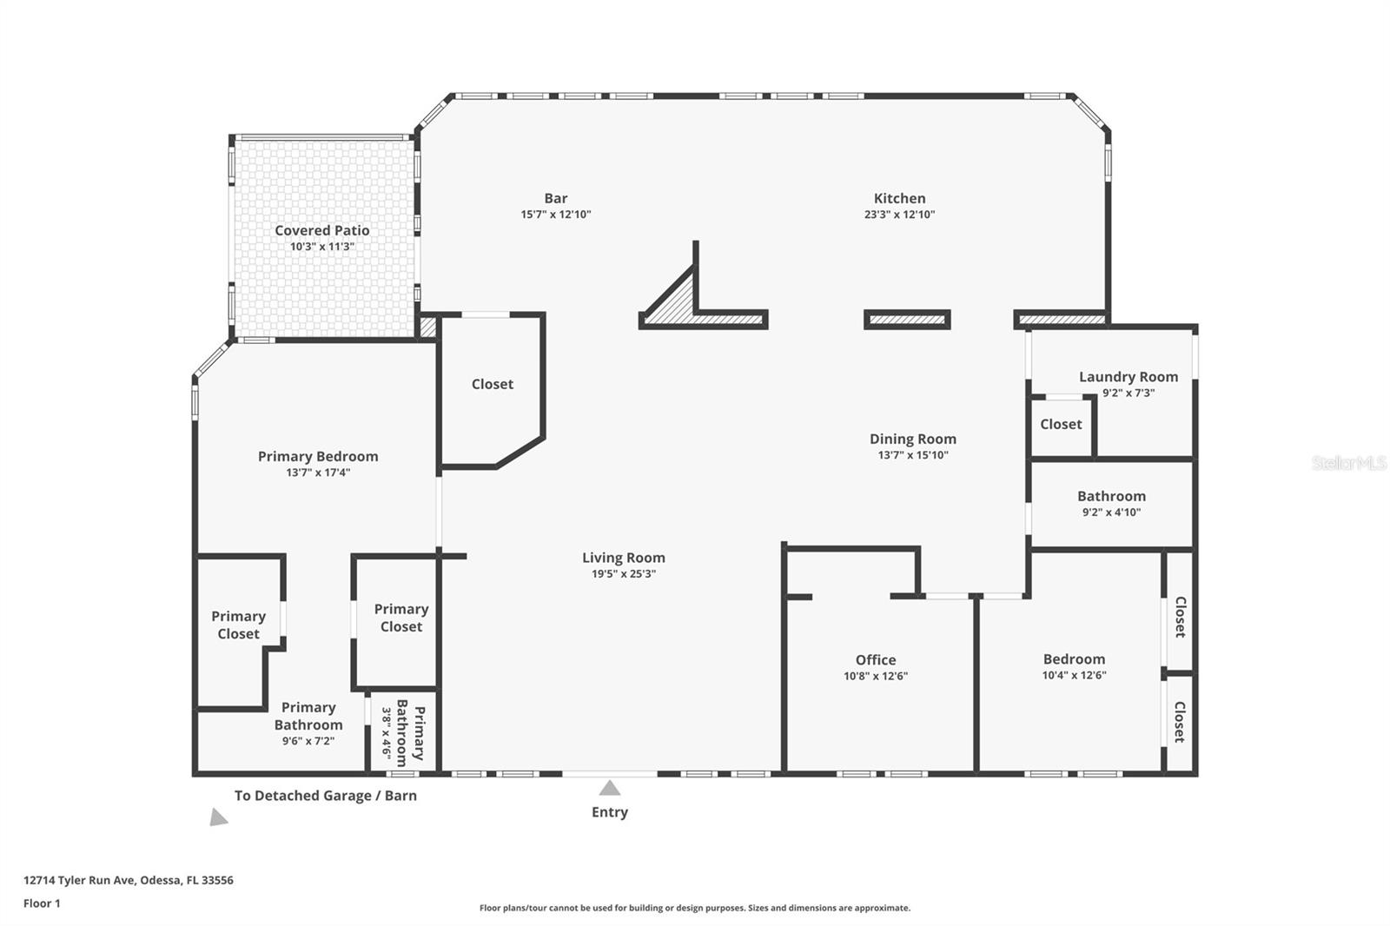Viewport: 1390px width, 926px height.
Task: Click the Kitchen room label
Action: pyautogui.click(x=899, y=199)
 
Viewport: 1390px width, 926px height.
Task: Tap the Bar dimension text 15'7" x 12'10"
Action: pyautogui.click(x=555, y=215)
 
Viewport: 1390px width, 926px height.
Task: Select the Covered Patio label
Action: pyautogui.click(x=321, y=231)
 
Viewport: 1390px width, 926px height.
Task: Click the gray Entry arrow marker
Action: pyautogui.click(x=610, y=788)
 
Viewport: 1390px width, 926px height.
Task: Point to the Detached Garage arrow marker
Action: pyautogui.click(x=217, y=817)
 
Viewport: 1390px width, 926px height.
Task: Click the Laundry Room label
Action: pyautogui.click(x=1128, y=377)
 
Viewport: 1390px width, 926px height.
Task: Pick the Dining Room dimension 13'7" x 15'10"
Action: pyautogui.click(x=912, y=455)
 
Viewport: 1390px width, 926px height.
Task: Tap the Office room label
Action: pyautogui.click(x=875, y=660)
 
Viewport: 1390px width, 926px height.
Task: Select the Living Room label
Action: pyautogui.click(x=623, y=559)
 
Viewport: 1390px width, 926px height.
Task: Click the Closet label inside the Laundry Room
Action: pyautogui.click(x=1061, y=425)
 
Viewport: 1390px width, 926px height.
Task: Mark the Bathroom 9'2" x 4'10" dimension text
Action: pyautogui.click(x=1111, y=513)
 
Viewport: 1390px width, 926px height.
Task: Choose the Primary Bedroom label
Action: pyautogui.click(x=318, y=457)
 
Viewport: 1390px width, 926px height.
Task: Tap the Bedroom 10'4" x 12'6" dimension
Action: pyautogui.click(x=1074, y=676)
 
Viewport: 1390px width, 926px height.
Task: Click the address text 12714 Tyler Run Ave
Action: pyautogui.click(x=128, y=880)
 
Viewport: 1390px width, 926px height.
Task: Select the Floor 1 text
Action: pyautogui.click(x=42, y=903)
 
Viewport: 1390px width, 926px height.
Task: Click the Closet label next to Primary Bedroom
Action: pyautogui.click(x=492, y=384)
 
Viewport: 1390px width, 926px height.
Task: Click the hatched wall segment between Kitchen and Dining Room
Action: pyautogui.click(x=907, y=320)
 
